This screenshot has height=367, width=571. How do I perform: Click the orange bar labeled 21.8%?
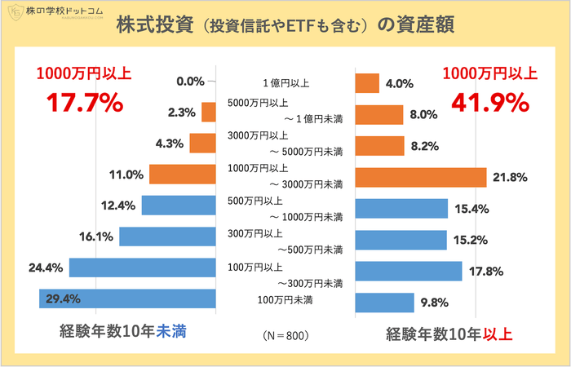click(x=421, y=177)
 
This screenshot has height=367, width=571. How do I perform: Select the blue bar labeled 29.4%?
click(x=127, y=299)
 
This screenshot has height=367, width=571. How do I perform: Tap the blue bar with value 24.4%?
click(x=142, y=267)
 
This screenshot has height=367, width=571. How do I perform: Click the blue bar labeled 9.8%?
click(x=385, y=303)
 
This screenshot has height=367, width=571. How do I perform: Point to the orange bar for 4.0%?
click(x=368, y=83)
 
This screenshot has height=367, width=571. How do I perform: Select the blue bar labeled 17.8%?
click(x=409, y=271)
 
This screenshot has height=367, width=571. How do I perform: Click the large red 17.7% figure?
click(x=84, y=104)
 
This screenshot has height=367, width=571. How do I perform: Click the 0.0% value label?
click(x=189, y=81)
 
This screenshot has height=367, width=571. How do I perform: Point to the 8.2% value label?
click(x=424, y=146)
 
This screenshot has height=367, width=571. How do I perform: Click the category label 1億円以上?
click(x=285, y=82)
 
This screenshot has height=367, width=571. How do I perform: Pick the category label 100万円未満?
click(x=285, y=301)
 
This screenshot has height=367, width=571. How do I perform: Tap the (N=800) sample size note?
click(x=285, y=335)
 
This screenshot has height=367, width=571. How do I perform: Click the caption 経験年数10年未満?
click(x=126, y=333)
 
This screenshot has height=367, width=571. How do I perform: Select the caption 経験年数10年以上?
click(x=449, y=334)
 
